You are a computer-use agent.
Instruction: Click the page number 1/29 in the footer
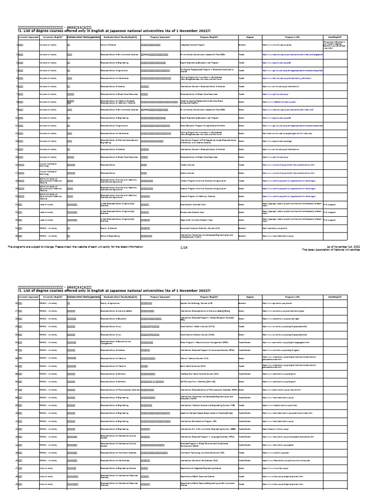click(184, 247)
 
